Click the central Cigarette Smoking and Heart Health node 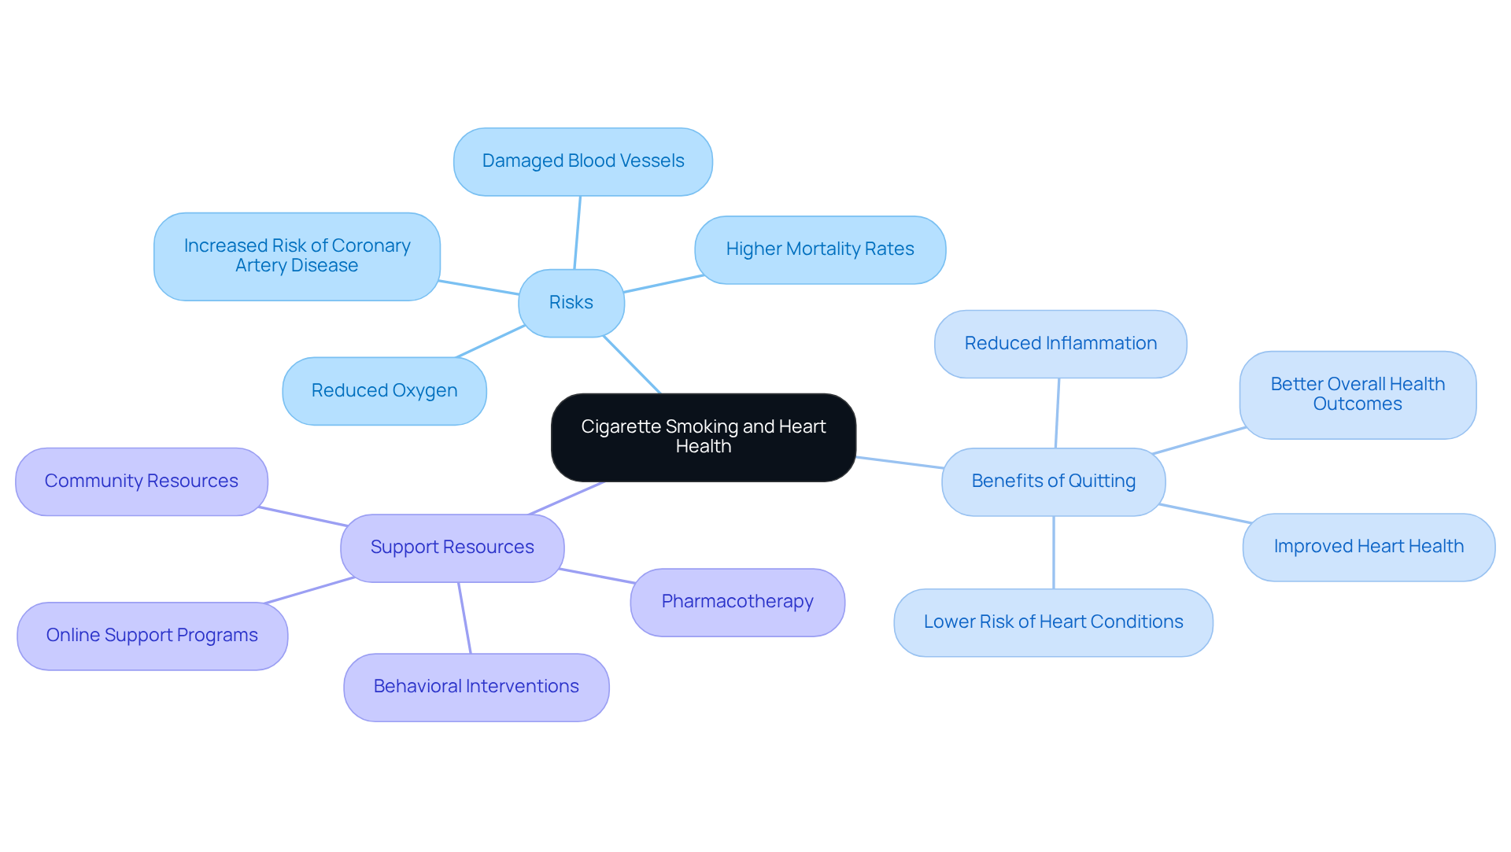pos(703,437)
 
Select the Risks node pos(571,303)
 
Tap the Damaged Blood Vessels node pos(582,161)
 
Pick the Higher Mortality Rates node pos(819,249)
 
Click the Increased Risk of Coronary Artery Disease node pos(297,256)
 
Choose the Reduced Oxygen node pos(384,391)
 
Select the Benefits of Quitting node pos(1053,481)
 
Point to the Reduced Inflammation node pos(1060,344)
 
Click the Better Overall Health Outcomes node pos(1357,394)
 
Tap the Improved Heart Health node pos(1368,547)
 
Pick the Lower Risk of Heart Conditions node pos(1053,622)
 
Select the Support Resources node pos(452,548)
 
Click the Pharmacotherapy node pos(737,602)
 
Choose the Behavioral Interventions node pos(475,687)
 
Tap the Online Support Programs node pos(152,636)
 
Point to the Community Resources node pos(141,481)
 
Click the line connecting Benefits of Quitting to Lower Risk pos(1053,552)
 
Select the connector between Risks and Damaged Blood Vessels pos(578,232)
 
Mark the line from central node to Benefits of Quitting pos(899,463)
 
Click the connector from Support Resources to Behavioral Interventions pos(464,618)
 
